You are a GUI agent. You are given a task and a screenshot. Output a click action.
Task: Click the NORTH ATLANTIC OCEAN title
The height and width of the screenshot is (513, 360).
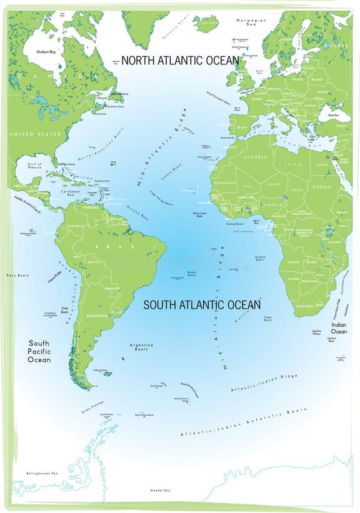point(180,61)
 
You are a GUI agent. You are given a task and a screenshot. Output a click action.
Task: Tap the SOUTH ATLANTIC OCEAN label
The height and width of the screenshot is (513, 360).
point(202,305)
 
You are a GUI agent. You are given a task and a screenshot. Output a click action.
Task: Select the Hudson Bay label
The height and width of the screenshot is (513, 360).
point(47,52)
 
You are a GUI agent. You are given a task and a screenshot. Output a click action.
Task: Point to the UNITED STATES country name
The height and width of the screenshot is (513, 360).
point(35,134)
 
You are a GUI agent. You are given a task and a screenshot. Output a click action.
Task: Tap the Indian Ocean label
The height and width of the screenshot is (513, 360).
point(339,328)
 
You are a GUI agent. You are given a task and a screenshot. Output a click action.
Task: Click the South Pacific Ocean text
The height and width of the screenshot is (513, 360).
point(39,351)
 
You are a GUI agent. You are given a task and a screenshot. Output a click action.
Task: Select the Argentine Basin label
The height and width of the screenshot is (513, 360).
point(141,347)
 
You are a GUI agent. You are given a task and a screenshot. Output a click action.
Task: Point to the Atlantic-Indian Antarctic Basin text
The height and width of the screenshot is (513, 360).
point(244,422)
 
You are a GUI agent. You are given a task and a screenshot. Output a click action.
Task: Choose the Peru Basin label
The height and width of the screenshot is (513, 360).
point(17,275)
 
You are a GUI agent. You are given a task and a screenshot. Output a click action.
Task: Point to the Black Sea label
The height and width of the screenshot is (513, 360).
point(327,115)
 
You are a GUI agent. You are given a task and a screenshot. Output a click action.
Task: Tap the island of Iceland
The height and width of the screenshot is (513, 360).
point(205,24)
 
